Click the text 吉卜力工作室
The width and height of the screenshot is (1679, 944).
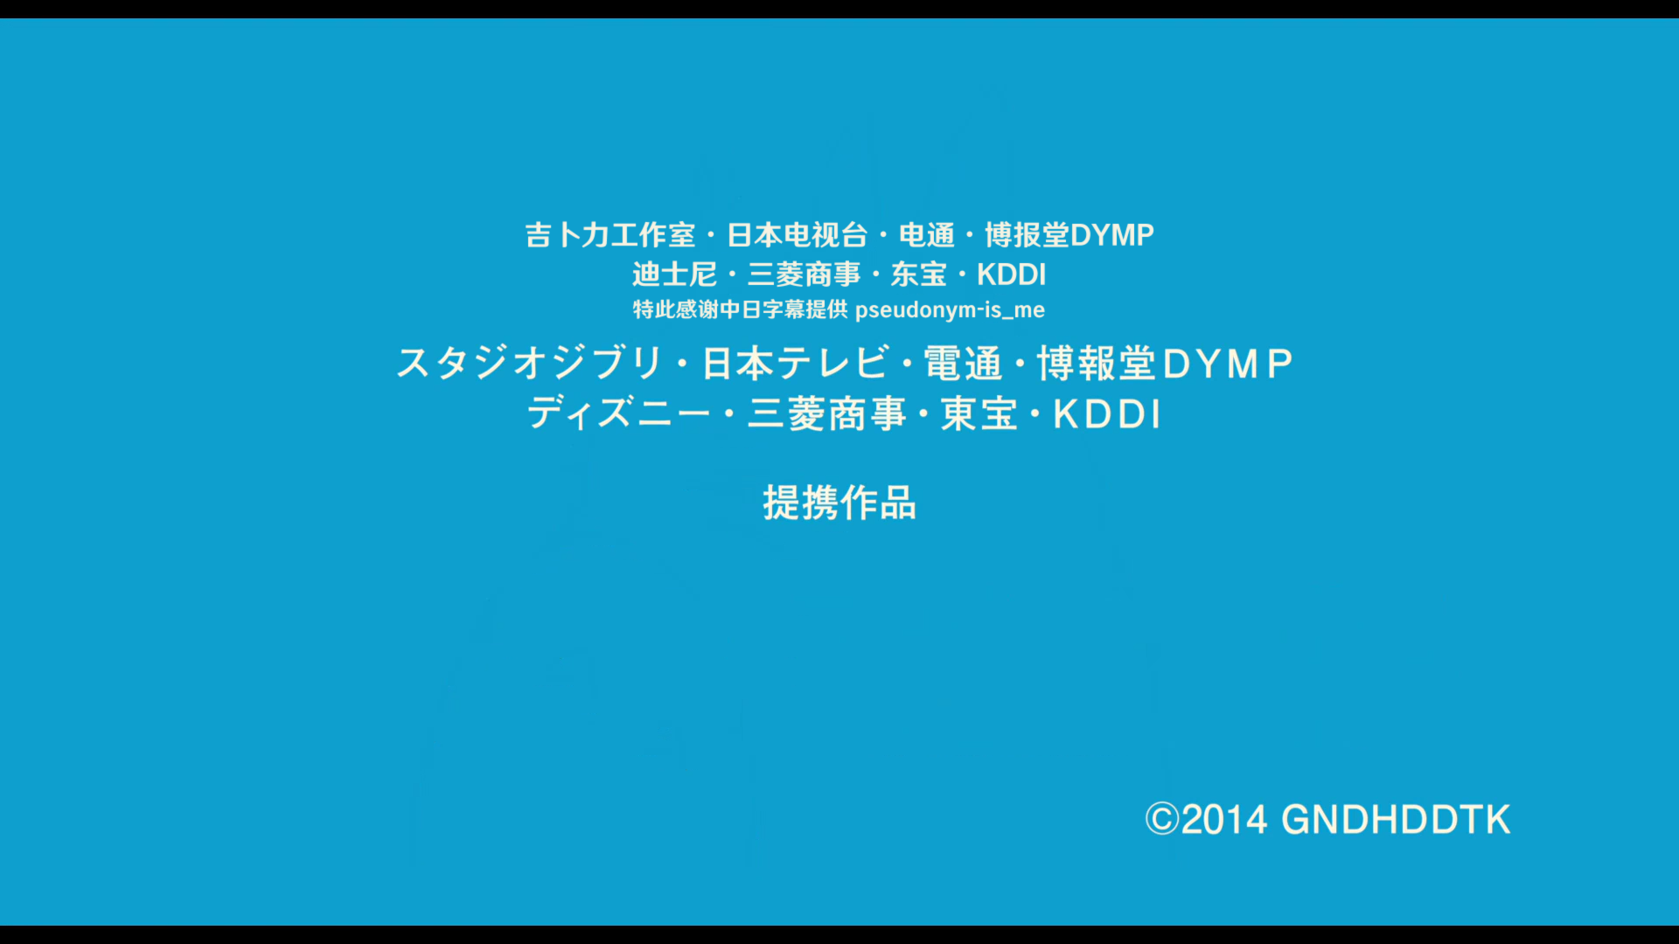[610, 235]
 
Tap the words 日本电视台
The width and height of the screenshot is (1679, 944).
[797, 235]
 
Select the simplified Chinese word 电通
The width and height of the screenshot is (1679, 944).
[927, 235]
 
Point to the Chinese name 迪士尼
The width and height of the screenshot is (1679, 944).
[674, 274]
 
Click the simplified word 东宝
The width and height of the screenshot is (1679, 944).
[918, 274]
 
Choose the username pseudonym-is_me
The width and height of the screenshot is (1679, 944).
[950, 310]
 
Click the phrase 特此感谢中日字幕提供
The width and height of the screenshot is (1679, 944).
[740, 309]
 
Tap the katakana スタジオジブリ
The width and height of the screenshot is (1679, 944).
[529, 363]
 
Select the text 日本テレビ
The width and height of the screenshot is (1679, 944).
[796, 363]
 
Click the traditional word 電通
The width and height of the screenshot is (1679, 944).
[963, 363]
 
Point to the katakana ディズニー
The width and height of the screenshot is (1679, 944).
[618, 413]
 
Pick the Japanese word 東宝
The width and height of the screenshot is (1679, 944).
[979, 413]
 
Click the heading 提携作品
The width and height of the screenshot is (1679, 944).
[839, 503]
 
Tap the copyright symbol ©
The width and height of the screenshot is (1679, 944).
[1162, 819]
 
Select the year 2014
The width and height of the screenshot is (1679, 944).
[1224, 820]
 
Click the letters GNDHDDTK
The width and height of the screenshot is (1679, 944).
[1396, 820]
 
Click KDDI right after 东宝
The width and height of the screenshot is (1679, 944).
[1012, 274]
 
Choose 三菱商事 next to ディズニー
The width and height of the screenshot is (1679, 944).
[826, 413]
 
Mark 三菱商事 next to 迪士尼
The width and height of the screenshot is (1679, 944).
[804, 274]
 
